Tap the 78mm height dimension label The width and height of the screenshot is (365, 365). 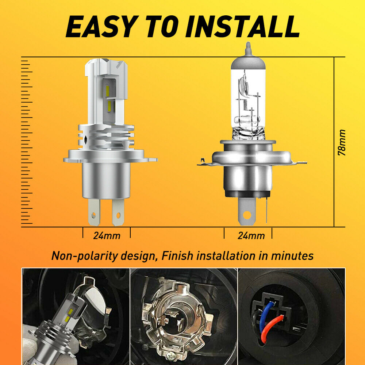342,142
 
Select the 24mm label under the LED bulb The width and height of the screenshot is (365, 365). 107,236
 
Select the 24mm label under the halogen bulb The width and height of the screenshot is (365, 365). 251,236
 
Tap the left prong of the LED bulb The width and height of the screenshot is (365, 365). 94,214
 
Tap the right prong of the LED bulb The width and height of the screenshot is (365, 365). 118,214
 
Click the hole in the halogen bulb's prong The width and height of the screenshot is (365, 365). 247,214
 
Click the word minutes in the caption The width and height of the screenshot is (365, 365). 292,256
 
